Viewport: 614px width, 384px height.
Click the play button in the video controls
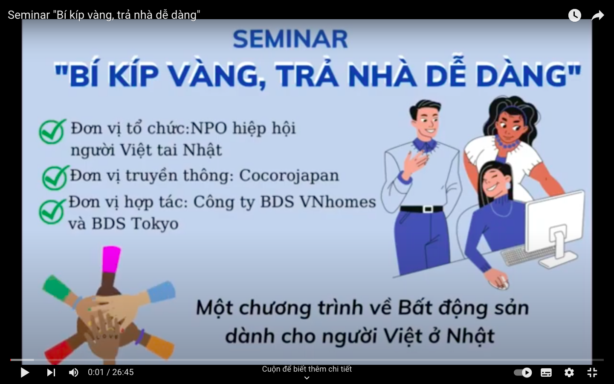tap(25, 372)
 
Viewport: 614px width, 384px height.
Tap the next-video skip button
tap(51, 372)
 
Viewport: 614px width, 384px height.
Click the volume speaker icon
tap(74, 372)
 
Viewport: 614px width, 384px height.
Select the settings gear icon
tap(569, 372)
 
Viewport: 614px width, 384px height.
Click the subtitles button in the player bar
tap(546, 372)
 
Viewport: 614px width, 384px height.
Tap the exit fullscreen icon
tap(592, 372)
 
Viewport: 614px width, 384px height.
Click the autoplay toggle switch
tap(523, 372)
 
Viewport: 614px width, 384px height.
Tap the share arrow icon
tap(598, 16)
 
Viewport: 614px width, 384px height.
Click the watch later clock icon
tap(574, 16)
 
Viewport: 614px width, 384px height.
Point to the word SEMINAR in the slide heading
tap(290, 39)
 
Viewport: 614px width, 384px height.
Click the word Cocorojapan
tap(289, 176)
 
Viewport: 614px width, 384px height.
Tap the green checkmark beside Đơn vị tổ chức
tap(52, 131)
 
